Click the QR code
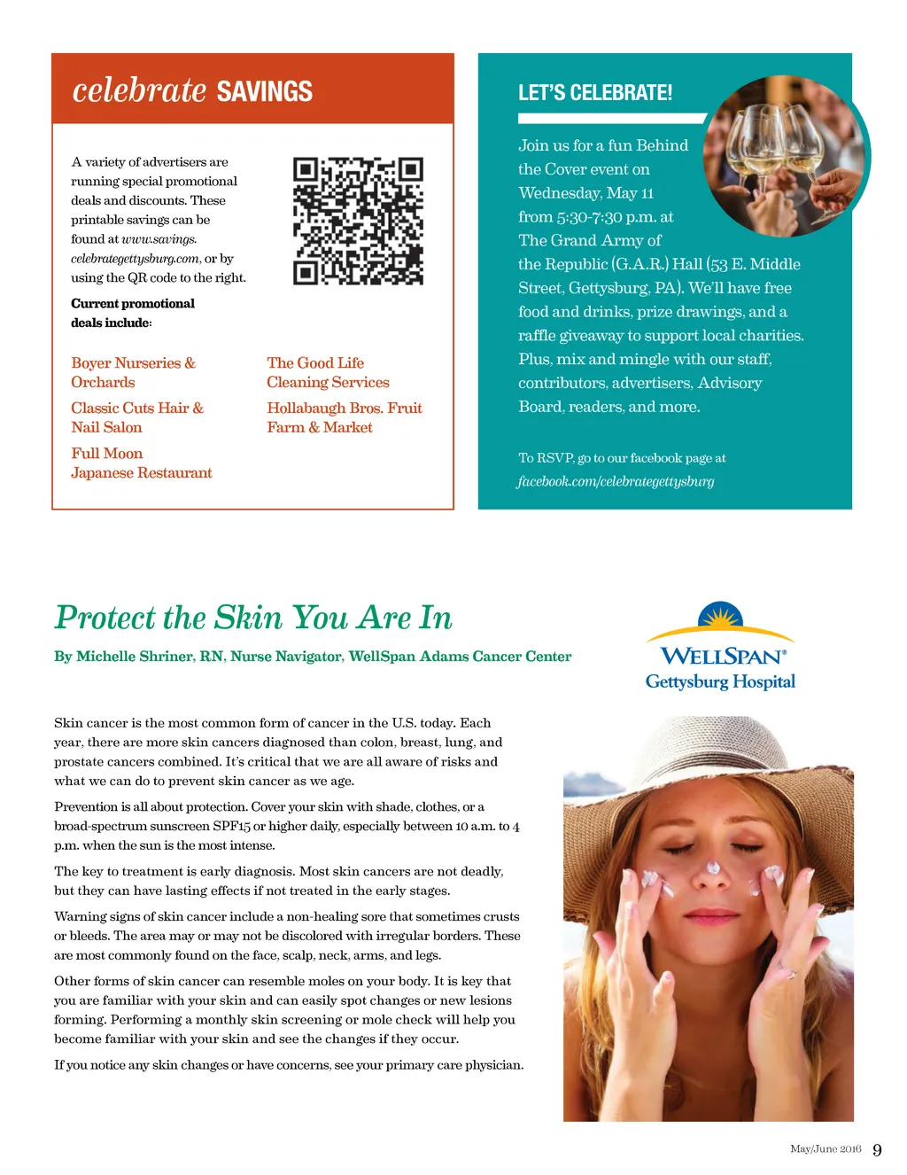coord(358,221)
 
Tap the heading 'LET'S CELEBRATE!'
coord(594,93)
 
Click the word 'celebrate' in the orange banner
coord(139,90)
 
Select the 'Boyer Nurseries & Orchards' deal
coord(133,372)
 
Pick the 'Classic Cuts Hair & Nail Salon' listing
coord(136,417)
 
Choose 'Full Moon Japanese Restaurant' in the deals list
coord(141,463)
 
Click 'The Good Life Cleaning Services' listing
coord(328,372)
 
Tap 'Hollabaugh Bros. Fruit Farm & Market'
coord(344,417)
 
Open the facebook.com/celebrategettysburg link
coord(616,481)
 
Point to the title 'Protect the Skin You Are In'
coord(253,618)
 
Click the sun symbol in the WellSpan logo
coord(720,616)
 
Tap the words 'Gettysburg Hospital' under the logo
coord(720,681)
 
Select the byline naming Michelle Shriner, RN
coord(313,657)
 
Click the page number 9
coord(877,1150)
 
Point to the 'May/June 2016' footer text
coord(826,1149)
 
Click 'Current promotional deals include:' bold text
coord(132,313)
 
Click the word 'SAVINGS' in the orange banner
coord(264,92)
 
